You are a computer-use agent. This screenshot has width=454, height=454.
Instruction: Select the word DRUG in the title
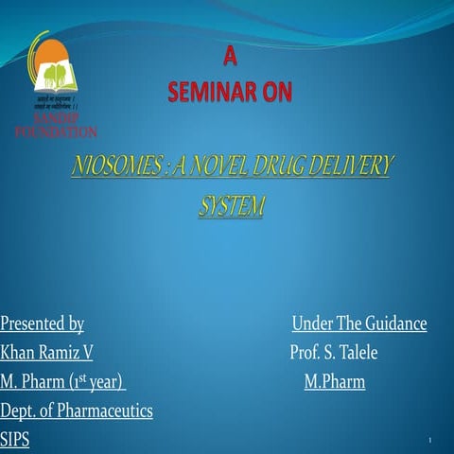283,168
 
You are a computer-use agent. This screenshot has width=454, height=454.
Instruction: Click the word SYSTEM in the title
231,203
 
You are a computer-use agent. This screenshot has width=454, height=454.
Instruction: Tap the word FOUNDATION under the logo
56,131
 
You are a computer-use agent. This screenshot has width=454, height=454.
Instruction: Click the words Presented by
43,324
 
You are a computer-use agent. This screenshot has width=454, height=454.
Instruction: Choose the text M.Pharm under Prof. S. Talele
334,382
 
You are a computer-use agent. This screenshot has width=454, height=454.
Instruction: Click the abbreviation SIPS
15,440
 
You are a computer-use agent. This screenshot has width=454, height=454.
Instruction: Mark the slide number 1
429,442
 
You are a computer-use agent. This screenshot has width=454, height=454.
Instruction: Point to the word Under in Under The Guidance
312,324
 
